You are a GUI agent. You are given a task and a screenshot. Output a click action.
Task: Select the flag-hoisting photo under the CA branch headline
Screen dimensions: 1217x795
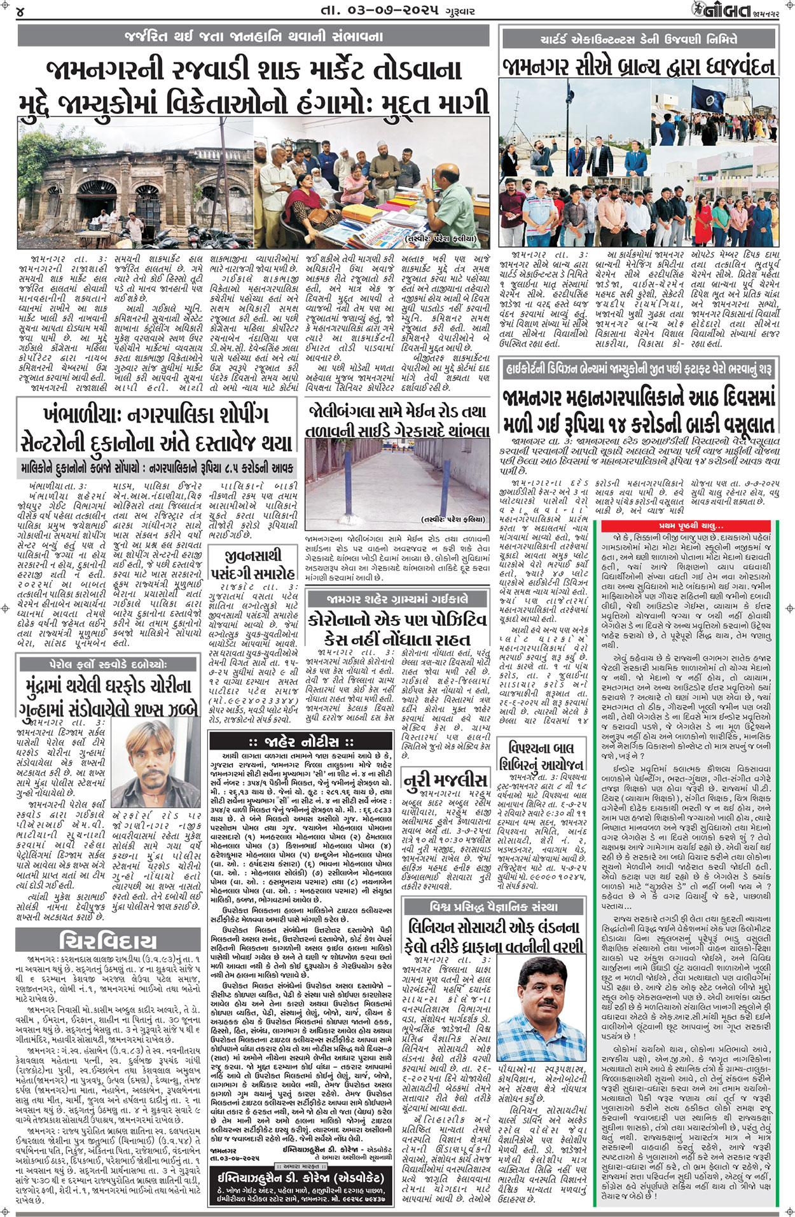coord(638,164)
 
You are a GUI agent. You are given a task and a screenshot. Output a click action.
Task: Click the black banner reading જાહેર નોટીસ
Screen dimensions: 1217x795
coord(301,741)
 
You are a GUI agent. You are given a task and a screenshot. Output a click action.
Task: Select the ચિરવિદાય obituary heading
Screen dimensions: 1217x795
coord(107,940)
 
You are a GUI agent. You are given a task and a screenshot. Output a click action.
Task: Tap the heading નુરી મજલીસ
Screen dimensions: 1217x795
coord(446,780)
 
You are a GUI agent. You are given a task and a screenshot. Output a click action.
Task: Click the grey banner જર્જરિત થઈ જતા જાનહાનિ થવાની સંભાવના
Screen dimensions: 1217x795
coord(254,36)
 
